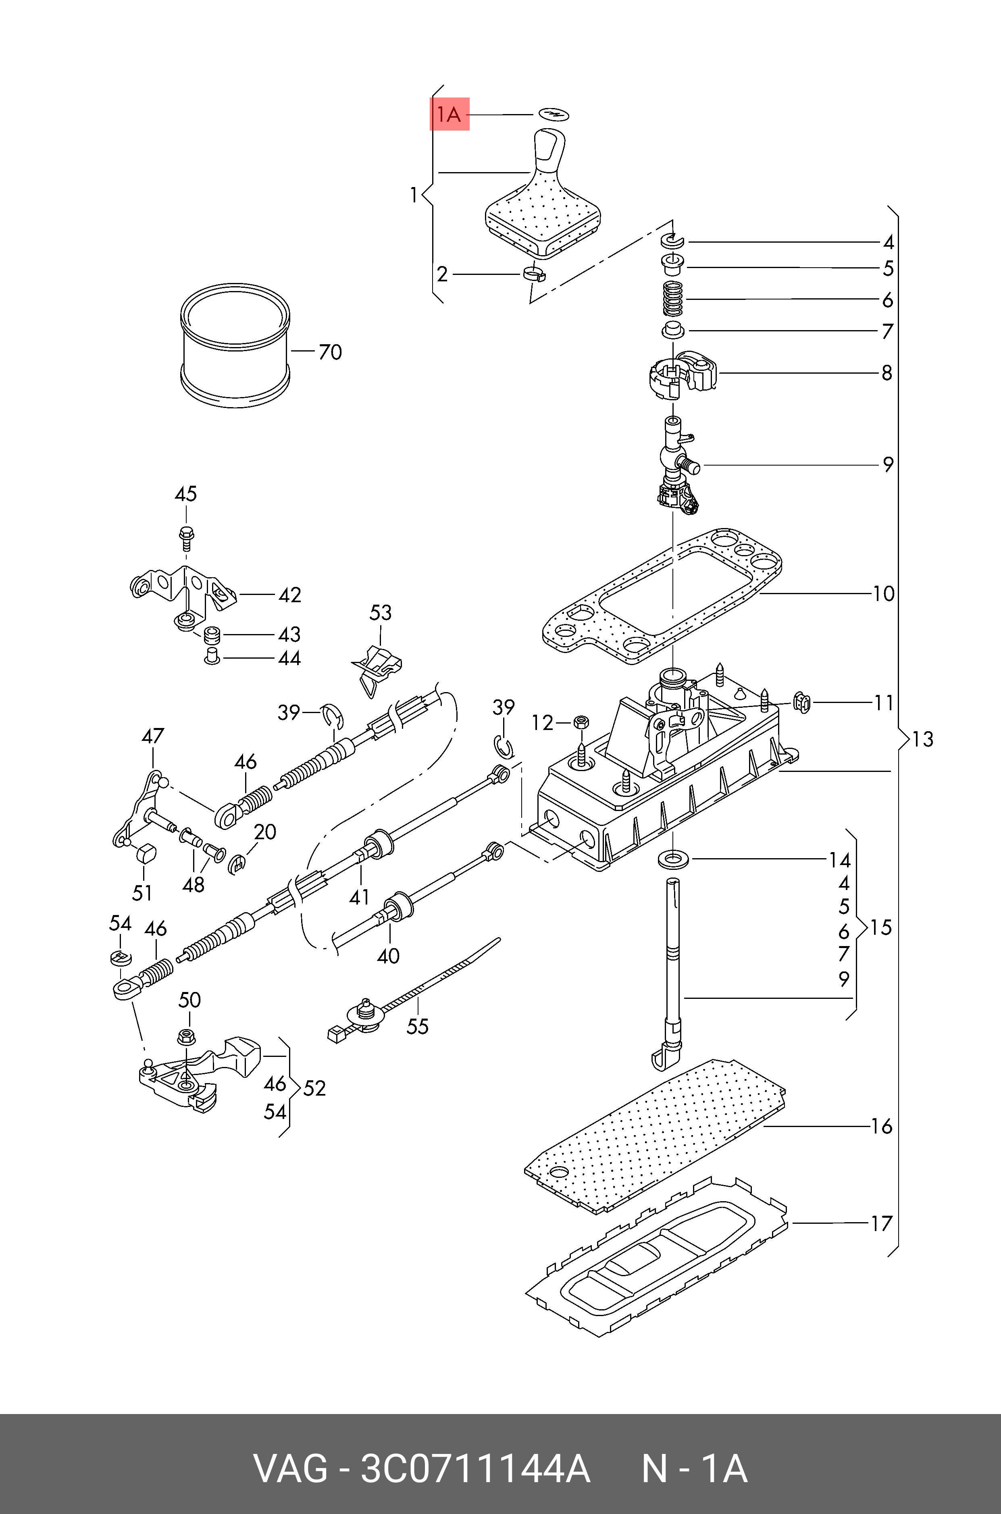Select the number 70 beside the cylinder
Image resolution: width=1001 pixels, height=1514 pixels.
330,351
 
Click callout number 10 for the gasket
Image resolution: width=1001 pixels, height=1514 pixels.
884,594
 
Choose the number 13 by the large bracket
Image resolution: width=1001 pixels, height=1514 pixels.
922,739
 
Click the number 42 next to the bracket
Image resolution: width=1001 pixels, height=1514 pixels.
289,595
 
